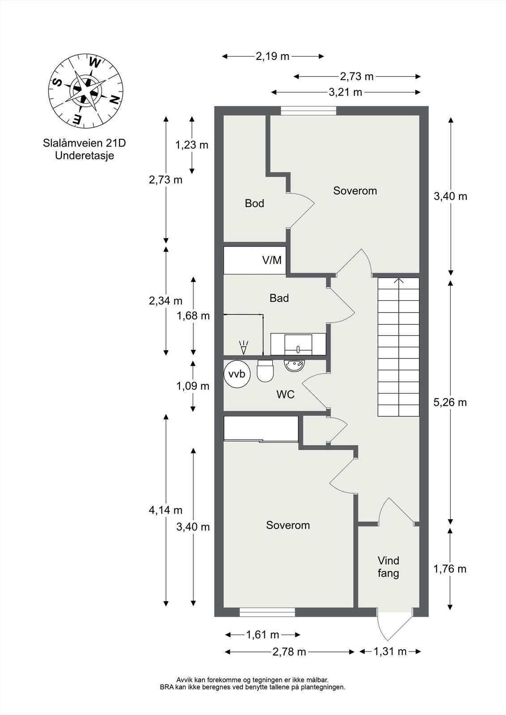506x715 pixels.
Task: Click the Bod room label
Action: [x=254, y=203]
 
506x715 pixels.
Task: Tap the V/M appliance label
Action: [x=272, y=260]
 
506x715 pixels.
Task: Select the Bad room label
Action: [x=279, y=298]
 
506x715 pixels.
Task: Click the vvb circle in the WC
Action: [x=237, y=374]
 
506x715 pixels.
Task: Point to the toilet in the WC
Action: [x=265, y=372]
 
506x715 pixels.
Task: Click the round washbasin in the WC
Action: [x=294, y=365]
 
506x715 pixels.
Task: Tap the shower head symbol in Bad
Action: [x=243, y=345]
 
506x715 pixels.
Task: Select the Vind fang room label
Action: [x=388, y=567]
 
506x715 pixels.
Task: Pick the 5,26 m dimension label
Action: [x=450, y=402]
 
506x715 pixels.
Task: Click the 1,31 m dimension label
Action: [x=390, y=651]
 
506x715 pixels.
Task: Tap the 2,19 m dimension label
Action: [x=272, y=56]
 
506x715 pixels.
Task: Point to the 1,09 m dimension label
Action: [x=193, y=386]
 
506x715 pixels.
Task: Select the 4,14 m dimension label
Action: [x=166, y=510]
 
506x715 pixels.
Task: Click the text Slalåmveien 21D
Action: [x=84, y=143]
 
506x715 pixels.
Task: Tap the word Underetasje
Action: [x=84, y=156]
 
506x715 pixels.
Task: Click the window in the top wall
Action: [x=309, y=111]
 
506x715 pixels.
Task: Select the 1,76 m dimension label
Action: [x=450, y=568]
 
